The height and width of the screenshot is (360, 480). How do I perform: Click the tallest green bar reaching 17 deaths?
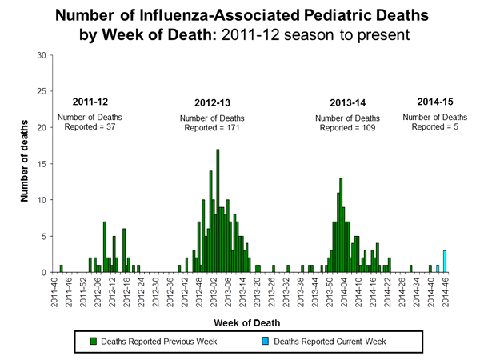coord(218,211)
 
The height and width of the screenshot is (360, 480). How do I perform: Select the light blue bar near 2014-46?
coord(445,262)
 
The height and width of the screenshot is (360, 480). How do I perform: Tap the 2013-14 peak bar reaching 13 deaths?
coord(341,226)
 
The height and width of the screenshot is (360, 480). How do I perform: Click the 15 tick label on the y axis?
coord(41,164)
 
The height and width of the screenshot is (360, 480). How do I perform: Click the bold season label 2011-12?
coord(90,102)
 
